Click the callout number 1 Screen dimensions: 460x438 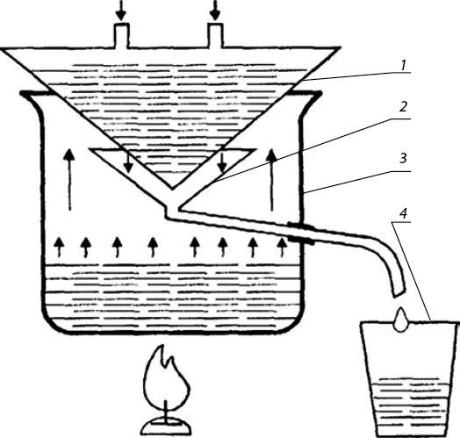(x=404, y=65)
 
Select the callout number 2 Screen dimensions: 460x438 (x=404, y=107)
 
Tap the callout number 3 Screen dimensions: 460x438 (x=404, y=158)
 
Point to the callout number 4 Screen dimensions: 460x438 (x=404, y=213)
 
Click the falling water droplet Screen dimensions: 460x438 (x=400, y=320)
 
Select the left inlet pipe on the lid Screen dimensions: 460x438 (x=121, y=35)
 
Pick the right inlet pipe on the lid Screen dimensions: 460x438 (x=216, y=35)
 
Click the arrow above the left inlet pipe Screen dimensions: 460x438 (x=120, y=11)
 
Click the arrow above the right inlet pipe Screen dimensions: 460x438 (x=216, y=11)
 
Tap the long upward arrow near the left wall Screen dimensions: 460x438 (x=69, y=180)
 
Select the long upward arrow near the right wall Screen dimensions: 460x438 (x=272, y=180)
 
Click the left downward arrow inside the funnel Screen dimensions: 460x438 (x=127, y=162)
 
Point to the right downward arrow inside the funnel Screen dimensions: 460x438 (x=222, y=162)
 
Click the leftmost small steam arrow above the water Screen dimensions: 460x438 (x=60, y=248)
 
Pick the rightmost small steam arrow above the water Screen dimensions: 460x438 (x=282, y=248)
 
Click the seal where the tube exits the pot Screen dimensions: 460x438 (x=301, y=233)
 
